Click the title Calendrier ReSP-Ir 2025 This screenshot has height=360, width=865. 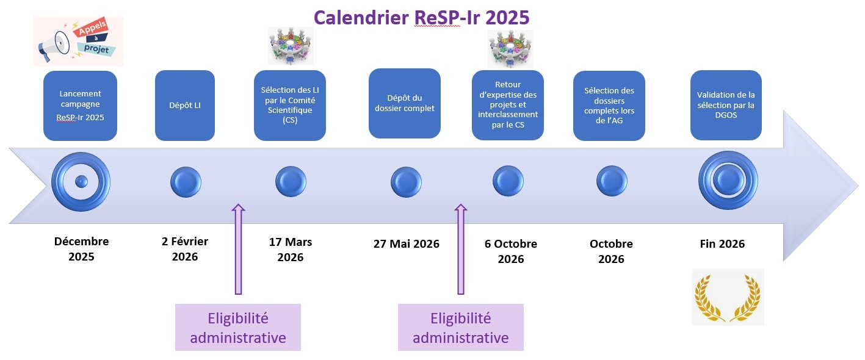421,18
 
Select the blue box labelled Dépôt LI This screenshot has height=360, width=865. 185,106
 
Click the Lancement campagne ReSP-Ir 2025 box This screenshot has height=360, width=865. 81,106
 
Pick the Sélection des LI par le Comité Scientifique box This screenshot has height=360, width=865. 290,106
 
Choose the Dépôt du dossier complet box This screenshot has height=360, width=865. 405,103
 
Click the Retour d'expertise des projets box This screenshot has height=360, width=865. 508,105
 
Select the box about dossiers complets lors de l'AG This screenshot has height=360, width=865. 609,106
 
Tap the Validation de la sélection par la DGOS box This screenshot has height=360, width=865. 726,105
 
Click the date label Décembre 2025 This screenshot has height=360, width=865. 81,249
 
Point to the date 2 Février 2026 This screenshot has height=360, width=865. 185,249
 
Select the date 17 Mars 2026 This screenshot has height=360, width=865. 291,250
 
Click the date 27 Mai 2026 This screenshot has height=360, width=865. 406,244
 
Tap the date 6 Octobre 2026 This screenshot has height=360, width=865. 511,251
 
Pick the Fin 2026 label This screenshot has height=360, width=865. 722,244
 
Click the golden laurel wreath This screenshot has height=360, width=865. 728,298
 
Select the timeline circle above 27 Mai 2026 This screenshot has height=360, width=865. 406,182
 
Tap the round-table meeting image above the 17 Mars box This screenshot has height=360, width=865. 291,46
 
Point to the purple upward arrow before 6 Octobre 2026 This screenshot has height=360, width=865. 461,250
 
